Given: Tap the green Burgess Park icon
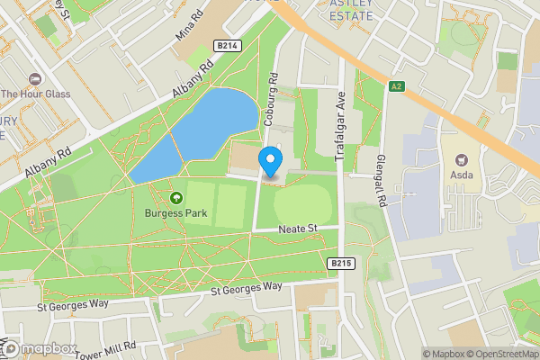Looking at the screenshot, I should click(x=175, y=197).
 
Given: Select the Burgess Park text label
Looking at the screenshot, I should click(x=175, y=213).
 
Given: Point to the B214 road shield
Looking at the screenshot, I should click(x=227, y=46).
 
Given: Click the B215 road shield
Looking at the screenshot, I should click(x=339, y=263).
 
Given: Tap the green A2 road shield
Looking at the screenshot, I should click(x=397, y=86).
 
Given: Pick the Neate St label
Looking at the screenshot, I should click(x=301, y=230).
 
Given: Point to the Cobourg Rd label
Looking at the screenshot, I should click(x=271, y=99).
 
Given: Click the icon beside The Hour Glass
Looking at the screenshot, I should click(x=34, y=77).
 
